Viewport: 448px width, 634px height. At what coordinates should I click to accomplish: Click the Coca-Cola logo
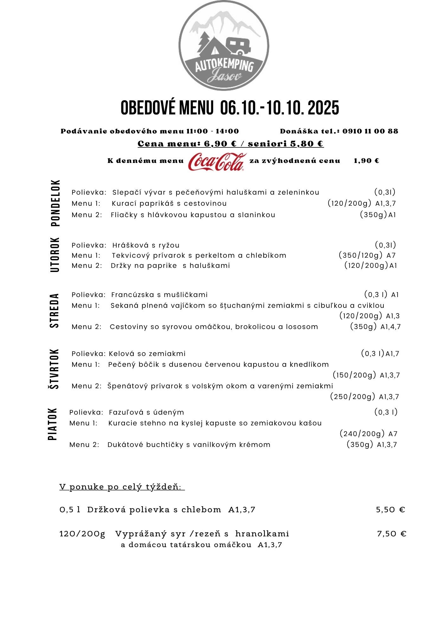tap(217, 162)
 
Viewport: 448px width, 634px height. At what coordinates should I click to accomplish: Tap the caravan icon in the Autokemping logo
tap(239, 46)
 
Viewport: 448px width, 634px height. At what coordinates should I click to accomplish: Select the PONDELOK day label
tap(55, 203)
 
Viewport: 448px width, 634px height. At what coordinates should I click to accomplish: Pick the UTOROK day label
tap(55, 255)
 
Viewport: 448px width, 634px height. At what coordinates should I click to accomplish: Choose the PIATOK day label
tap(53, 424)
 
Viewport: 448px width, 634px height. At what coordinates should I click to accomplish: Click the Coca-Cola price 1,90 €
tap(366, 161)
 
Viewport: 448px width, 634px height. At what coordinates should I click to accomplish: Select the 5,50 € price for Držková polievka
tap(390, 510)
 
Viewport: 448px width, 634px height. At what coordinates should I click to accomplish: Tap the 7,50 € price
tap(391, 534)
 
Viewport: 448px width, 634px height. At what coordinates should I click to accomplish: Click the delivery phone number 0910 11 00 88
tap(370, 131)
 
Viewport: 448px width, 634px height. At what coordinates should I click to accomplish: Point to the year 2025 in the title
tap(323, 108)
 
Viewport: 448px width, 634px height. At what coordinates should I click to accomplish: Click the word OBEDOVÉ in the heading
tap(144, 108)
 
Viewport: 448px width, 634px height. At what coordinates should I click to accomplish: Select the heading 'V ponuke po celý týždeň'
tap(122, 487)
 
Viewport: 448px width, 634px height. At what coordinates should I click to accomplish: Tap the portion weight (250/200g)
tap(353, 397)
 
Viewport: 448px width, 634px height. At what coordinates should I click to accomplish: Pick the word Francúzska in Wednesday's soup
tap(133, 295)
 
